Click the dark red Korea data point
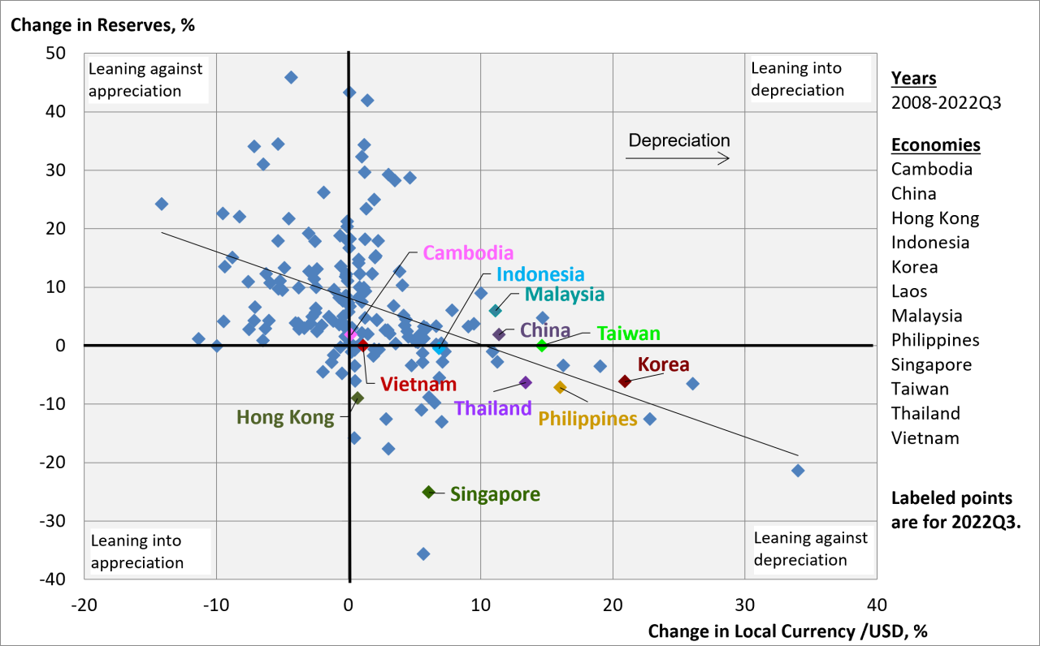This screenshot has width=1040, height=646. point(624,381)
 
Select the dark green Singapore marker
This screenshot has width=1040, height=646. point(429,492)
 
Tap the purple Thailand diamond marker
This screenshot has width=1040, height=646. point(525,382)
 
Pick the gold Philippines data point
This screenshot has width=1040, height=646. point(560,387)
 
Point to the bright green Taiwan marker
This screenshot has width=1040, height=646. point(542,345)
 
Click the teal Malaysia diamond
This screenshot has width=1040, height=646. point(495,310)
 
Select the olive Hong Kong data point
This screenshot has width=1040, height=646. point(357,398)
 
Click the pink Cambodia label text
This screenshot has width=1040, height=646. point(469,253)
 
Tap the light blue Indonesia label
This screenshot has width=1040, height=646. point(540,275)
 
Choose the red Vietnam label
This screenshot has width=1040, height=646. point(418,384)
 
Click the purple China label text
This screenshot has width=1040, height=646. point(544,330)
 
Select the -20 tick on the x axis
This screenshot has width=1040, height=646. point(84,605)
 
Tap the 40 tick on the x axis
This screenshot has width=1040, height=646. point(876,605)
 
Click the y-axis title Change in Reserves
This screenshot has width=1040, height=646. point(102,24)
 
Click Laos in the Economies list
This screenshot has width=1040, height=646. point(909,291)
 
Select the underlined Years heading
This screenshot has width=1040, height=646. point(913,79)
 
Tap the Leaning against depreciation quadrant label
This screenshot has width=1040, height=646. point(810,549)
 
